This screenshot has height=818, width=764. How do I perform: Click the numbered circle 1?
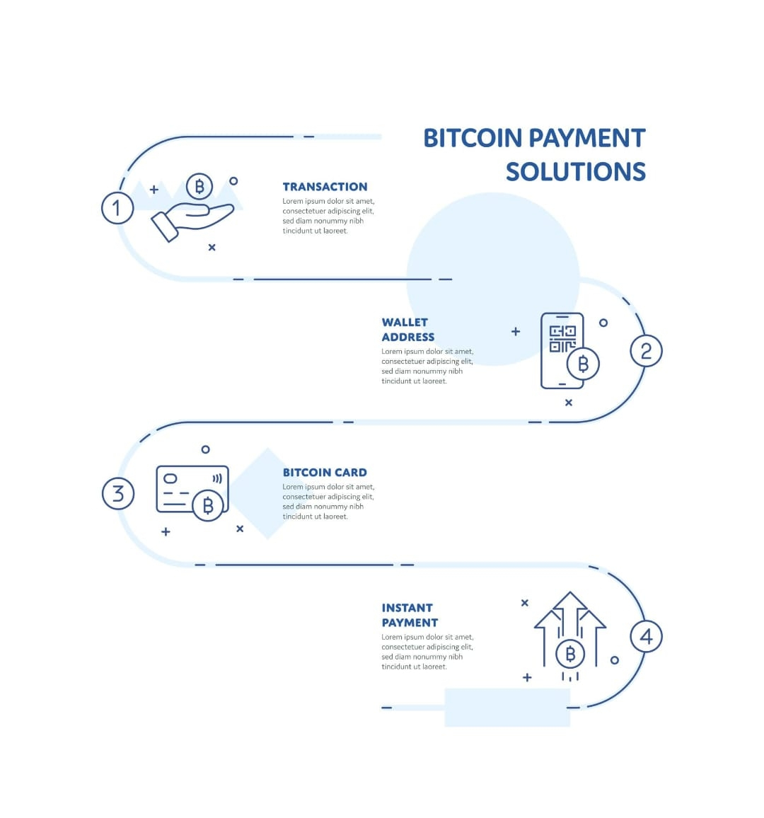click(x=117, y=208)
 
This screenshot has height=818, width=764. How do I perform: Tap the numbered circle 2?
click(x=646, y=351)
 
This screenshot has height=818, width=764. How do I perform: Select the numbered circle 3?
click(x=118, y=493)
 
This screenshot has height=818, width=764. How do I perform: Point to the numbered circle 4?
click(x=646, y=636)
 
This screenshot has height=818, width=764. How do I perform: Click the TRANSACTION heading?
click(x=325, y=187)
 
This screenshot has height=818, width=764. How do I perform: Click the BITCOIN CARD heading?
click(x=325, y=472)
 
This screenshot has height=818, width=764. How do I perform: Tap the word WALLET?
click(x=405, y=322)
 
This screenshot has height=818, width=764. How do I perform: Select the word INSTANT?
click(x=407, y=608)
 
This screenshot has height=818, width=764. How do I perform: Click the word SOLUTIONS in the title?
click(x=575, y=172)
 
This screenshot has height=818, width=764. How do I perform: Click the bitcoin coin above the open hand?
click(x=199, y=187)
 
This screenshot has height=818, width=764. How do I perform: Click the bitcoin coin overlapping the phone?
click(x=583, y=364)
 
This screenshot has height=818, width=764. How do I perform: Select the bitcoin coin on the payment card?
click(x=208, y=505)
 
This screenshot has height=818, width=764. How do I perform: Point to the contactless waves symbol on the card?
click(x=217, y=478)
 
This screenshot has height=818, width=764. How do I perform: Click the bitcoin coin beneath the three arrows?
click(x=570, y=655)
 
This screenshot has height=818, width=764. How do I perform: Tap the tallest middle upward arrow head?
click(x=569, y=601)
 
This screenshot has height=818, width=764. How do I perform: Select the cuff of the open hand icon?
click(x=165, y=227)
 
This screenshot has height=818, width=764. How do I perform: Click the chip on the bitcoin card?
click(x=170, y=478)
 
